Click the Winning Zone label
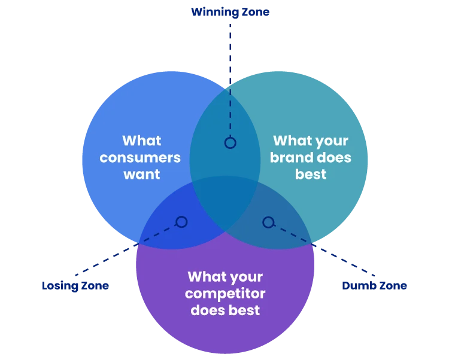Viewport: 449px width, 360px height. click(230, 11)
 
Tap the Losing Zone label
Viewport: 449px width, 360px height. click(75, 285)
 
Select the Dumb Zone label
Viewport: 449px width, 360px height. click(374, 285)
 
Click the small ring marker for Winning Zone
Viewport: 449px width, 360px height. click(230, 143)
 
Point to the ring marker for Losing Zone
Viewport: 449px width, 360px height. click(181, 222)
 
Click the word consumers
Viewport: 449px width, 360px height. click(140, 158)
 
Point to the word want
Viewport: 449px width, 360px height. click(142, 175)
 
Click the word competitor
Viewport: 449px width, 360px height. click(225, 294)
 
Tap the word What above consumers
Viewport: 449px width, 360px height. click(142, 141)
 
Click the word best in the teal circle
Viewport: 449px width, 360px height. click(311, 175)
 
